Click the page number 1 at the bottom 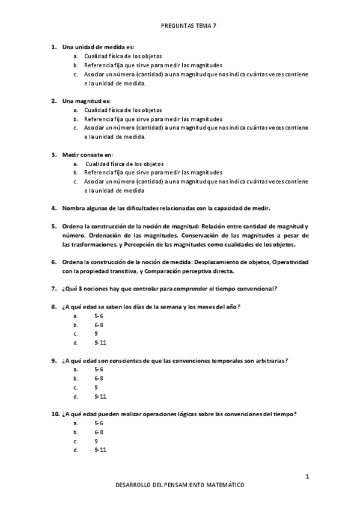[307, 477]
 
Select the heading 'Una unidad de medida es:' [98, 46]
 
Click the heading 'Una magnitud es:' [87, 100]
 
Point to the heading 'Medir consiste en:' [87, 155]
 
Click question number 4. [53, 209]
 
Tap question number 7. [53, 289]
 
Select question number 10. [53, 414]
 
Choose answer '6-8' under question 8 [99, 324]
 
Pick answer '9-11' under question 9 [100, 396]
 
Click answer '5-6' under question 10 [99, 423]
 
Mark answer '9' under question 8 [96, 333]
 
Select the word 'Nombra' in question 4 [73, 209]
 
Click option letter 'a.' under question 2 [76, 110]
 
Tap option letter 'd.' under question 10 [76, 450]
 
